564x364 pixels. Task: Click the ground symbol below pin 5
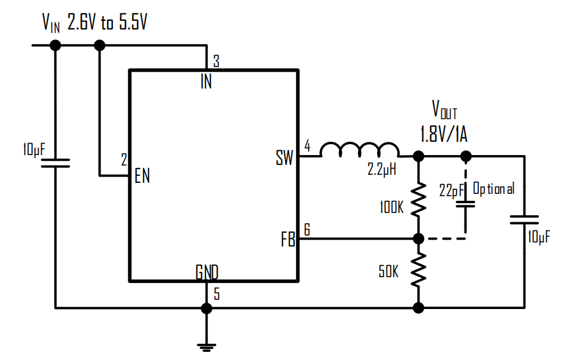click(x=207, y=347)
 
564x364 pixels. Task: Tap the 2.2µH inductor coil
click(x=360, y=150)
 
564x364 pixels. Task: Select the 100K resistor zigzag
click(x=418, y=200)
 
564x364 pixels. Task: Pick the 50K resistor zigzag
click(x=418, y=270)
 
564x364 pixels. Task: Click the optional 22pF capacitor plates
click(x=466, y=204)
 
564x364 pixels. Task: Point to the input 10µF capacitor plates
click(x=56, y=163)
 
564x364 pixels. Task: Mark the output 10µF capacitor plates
click(x=525, y=220)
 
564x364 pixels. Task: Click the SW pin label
click(x=285, y=158)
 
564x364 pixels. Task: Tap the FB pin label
click(x=287, y=240)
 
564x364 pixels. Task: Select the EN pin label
click(x=142, y=176)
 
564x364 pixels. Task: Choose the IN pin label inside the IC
click(x=206, y=82)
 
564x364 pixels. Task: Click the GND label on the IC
click(x=207, y=273)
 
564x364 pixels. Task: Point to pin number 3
click(x=216, y=61)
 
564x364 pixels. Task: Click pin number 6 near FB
click(x=307, y=230)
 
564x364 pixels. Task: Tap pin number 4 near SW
click(x=307, y=146)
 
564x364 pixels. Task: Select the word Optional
click(x=493, y=189)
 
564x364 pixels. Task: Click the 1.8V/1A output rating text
click(x=444, y=134)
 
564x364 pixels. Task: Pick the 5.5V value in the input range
click(x=133, y=23)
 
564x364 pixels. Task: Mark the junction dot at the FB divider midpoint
click(x=418, y=238)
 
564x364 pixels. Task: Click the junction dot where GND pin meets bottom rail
click(x=207, y=308)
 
